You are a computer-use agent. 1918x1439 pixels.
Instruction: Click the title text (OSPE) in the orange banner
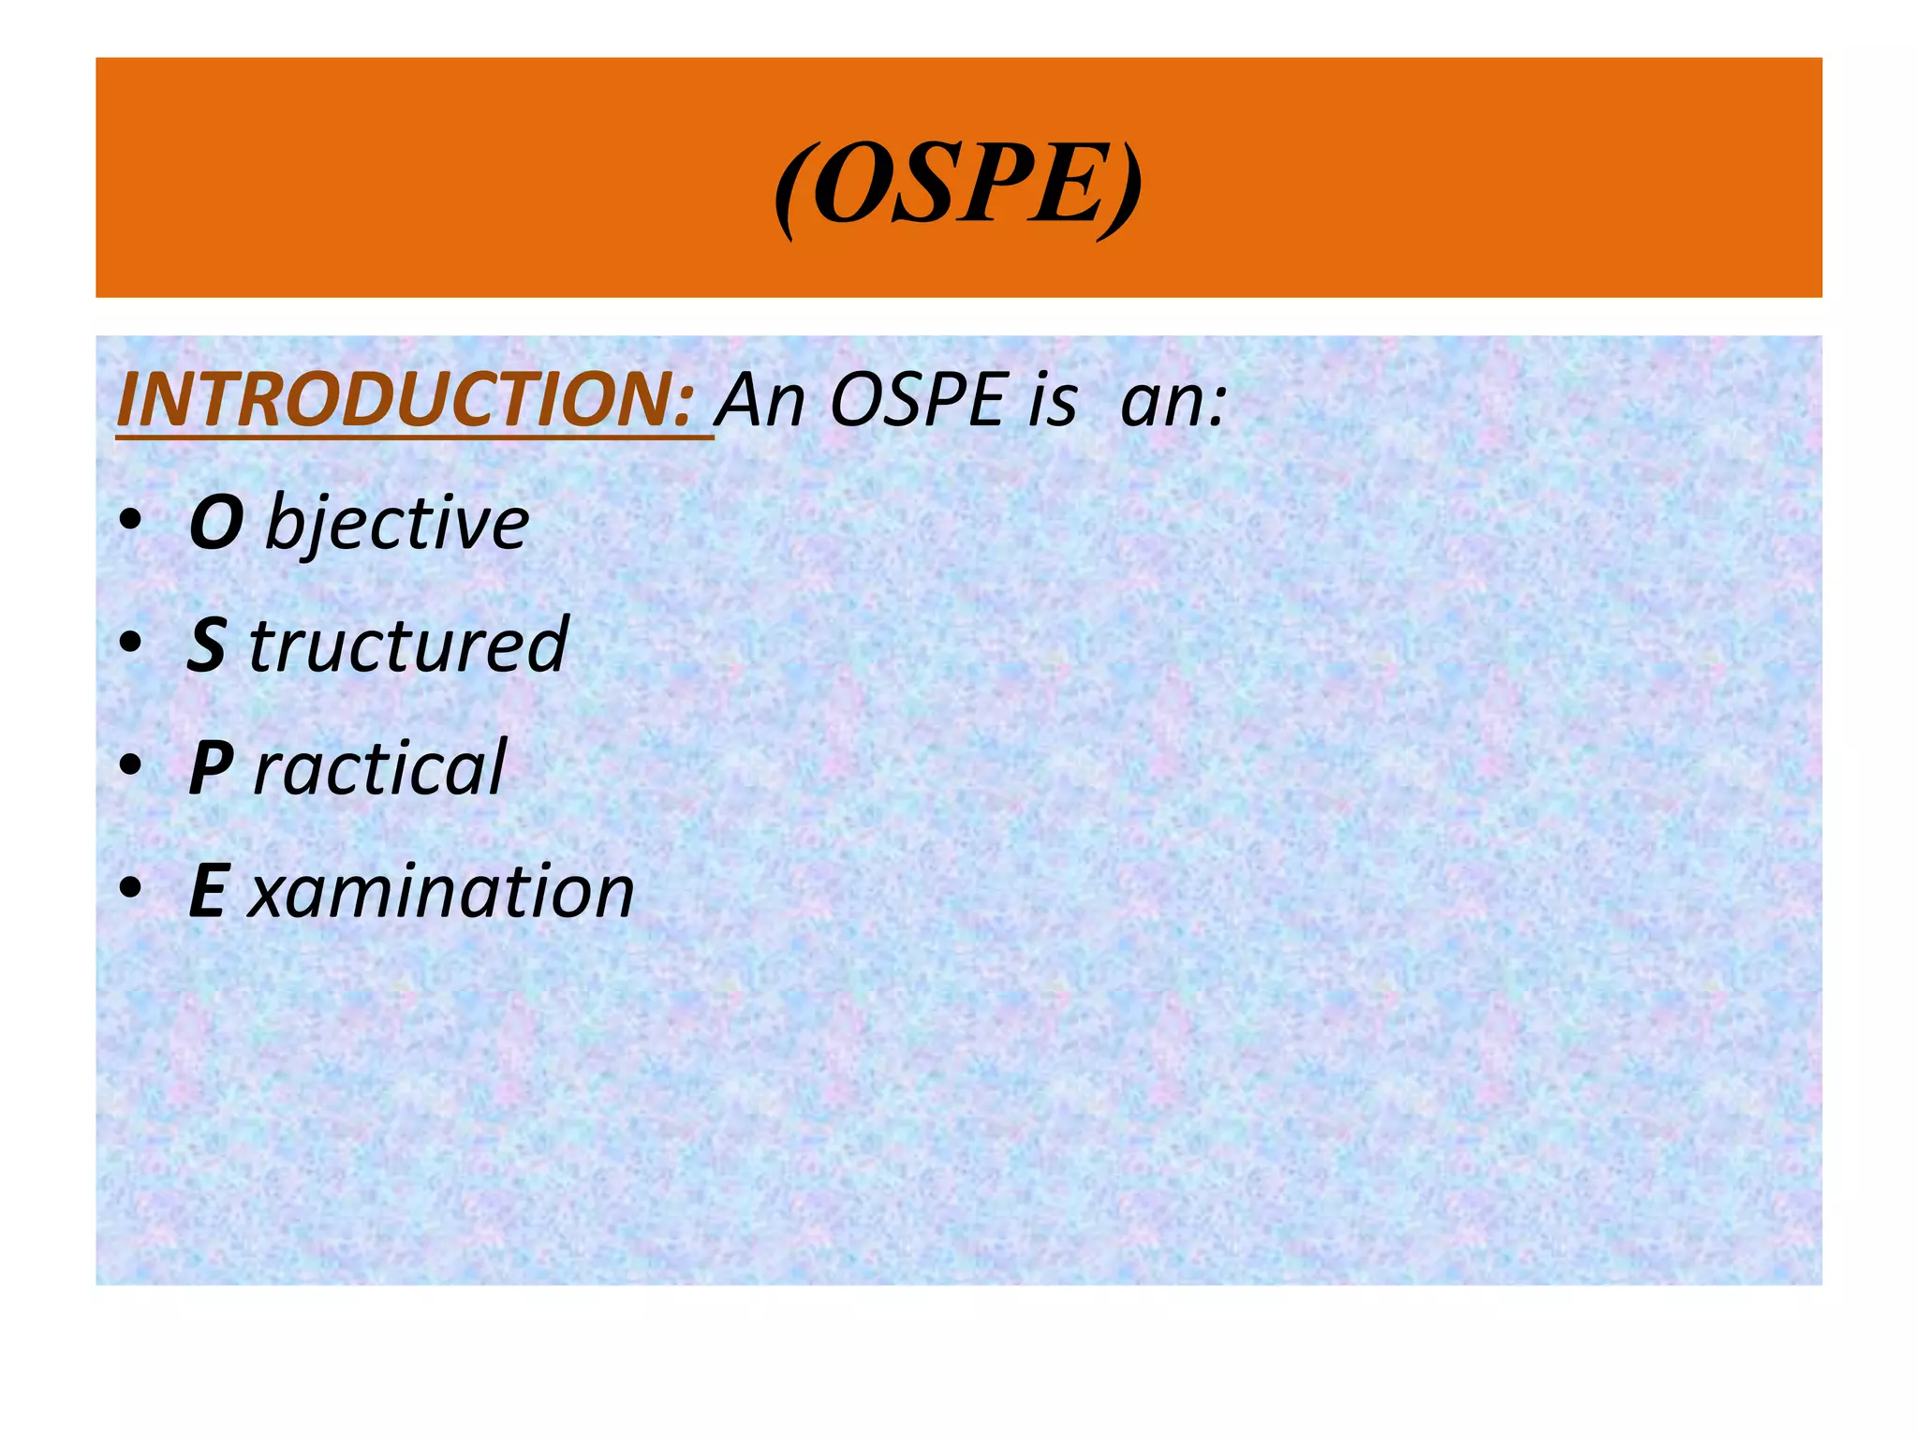[x=958, y=183]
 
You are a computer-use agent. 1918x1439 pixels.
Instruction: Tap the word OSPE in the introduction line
[x=917, y=401]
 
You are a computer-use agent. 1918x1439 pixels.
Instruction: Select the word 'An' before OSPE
[x=761, y=401]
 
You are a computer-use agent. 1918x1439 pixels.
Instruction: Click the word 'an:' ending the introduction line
[x=1173, y=401]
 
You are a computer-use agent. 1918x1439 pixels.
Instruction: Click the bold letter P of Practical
[x=211, y=768]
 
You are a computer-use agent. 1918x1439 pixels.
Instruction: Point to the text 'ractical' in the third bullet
[x=379, y=768]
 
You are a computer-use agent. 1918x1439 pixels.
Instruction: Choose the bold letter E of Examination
[x=207, y=891]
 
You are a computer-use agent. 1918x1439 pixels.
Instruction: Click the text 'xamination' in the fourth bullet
[x=441, y=891]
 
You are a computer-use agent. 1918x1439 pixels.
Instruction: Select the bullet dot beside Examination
[x=130, y=887]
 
